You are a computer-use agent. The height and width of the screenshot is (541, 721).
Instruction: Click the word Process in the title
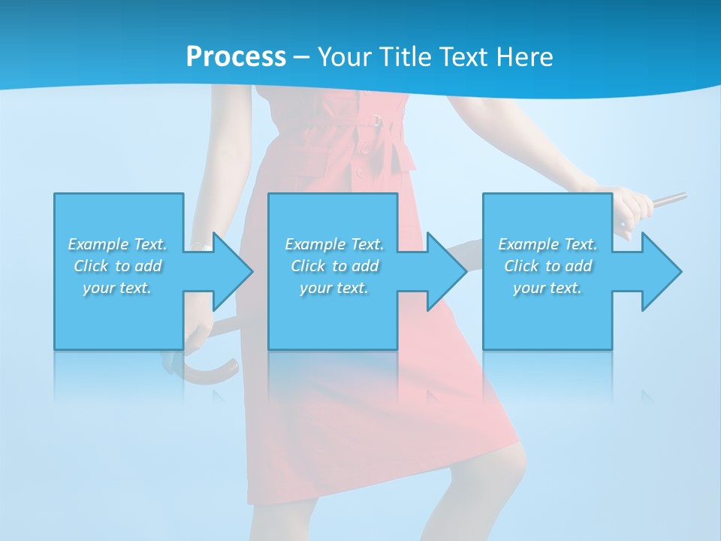pyautogui.click(x=236, y=57)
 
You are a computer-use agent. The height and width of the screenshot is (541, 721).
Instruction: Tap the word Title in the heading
pyautogui.click(x=406, y=57)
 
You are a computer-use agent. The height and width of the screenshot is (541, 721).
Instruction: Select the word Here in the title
pyautogui.click(x=525, y=57)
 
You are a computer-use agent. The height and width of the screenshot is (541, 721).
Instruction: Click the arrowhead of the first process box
pyautogui.click(x=233, y=271)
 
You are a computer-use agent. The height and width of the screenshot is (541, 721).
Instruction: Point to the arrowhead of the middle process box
pyautogui.click(x=447, y=271)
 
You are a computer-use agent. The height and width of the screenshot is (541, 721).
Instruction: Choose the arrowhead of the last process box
pyautogui.click(x=661, y=271)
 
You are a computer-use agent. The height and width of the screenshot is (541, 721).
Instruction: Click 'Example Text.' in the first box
pyautogui.click(x=117, y=244)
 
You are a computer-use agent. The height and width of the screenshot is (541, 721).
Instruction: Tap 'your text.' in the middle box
pyautogui.click(x=334, y=288)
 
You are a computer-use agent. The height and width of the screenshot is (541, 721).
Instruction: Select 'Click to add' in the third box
pyautogui.click(x=548, y=266)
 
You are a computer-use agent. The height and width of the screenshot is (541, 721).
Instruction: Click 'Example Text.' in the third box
pyautogui.click(x=548, y=244)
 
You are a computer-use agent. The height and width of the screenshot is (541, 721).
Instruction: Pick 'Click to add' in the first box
pyautogui.click(x=118, y=266)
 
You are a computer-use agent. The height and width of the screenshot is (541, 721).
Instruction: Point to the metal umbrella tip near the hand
pyautogui.click(x=671, y=199)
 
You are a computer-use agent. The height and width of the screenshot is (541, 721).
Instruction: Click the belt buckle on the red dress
pyautogui.click(x=376, y=119)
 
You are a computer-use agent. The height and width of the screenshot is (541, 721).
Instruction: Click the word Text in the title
pyautogui.click(x=465, y=57)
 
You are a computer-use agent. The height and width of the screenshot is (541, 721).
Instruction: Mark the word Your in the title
pyautogui.click(x=344, y=57)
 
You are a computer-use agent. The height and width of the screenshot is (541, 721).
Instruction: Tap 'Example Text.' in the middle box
pyautogui.click(x=334, y=244)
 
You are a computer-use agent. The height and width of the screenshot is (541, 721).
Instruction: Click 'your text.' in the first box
pyautogui.click(x=117, y=288)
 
